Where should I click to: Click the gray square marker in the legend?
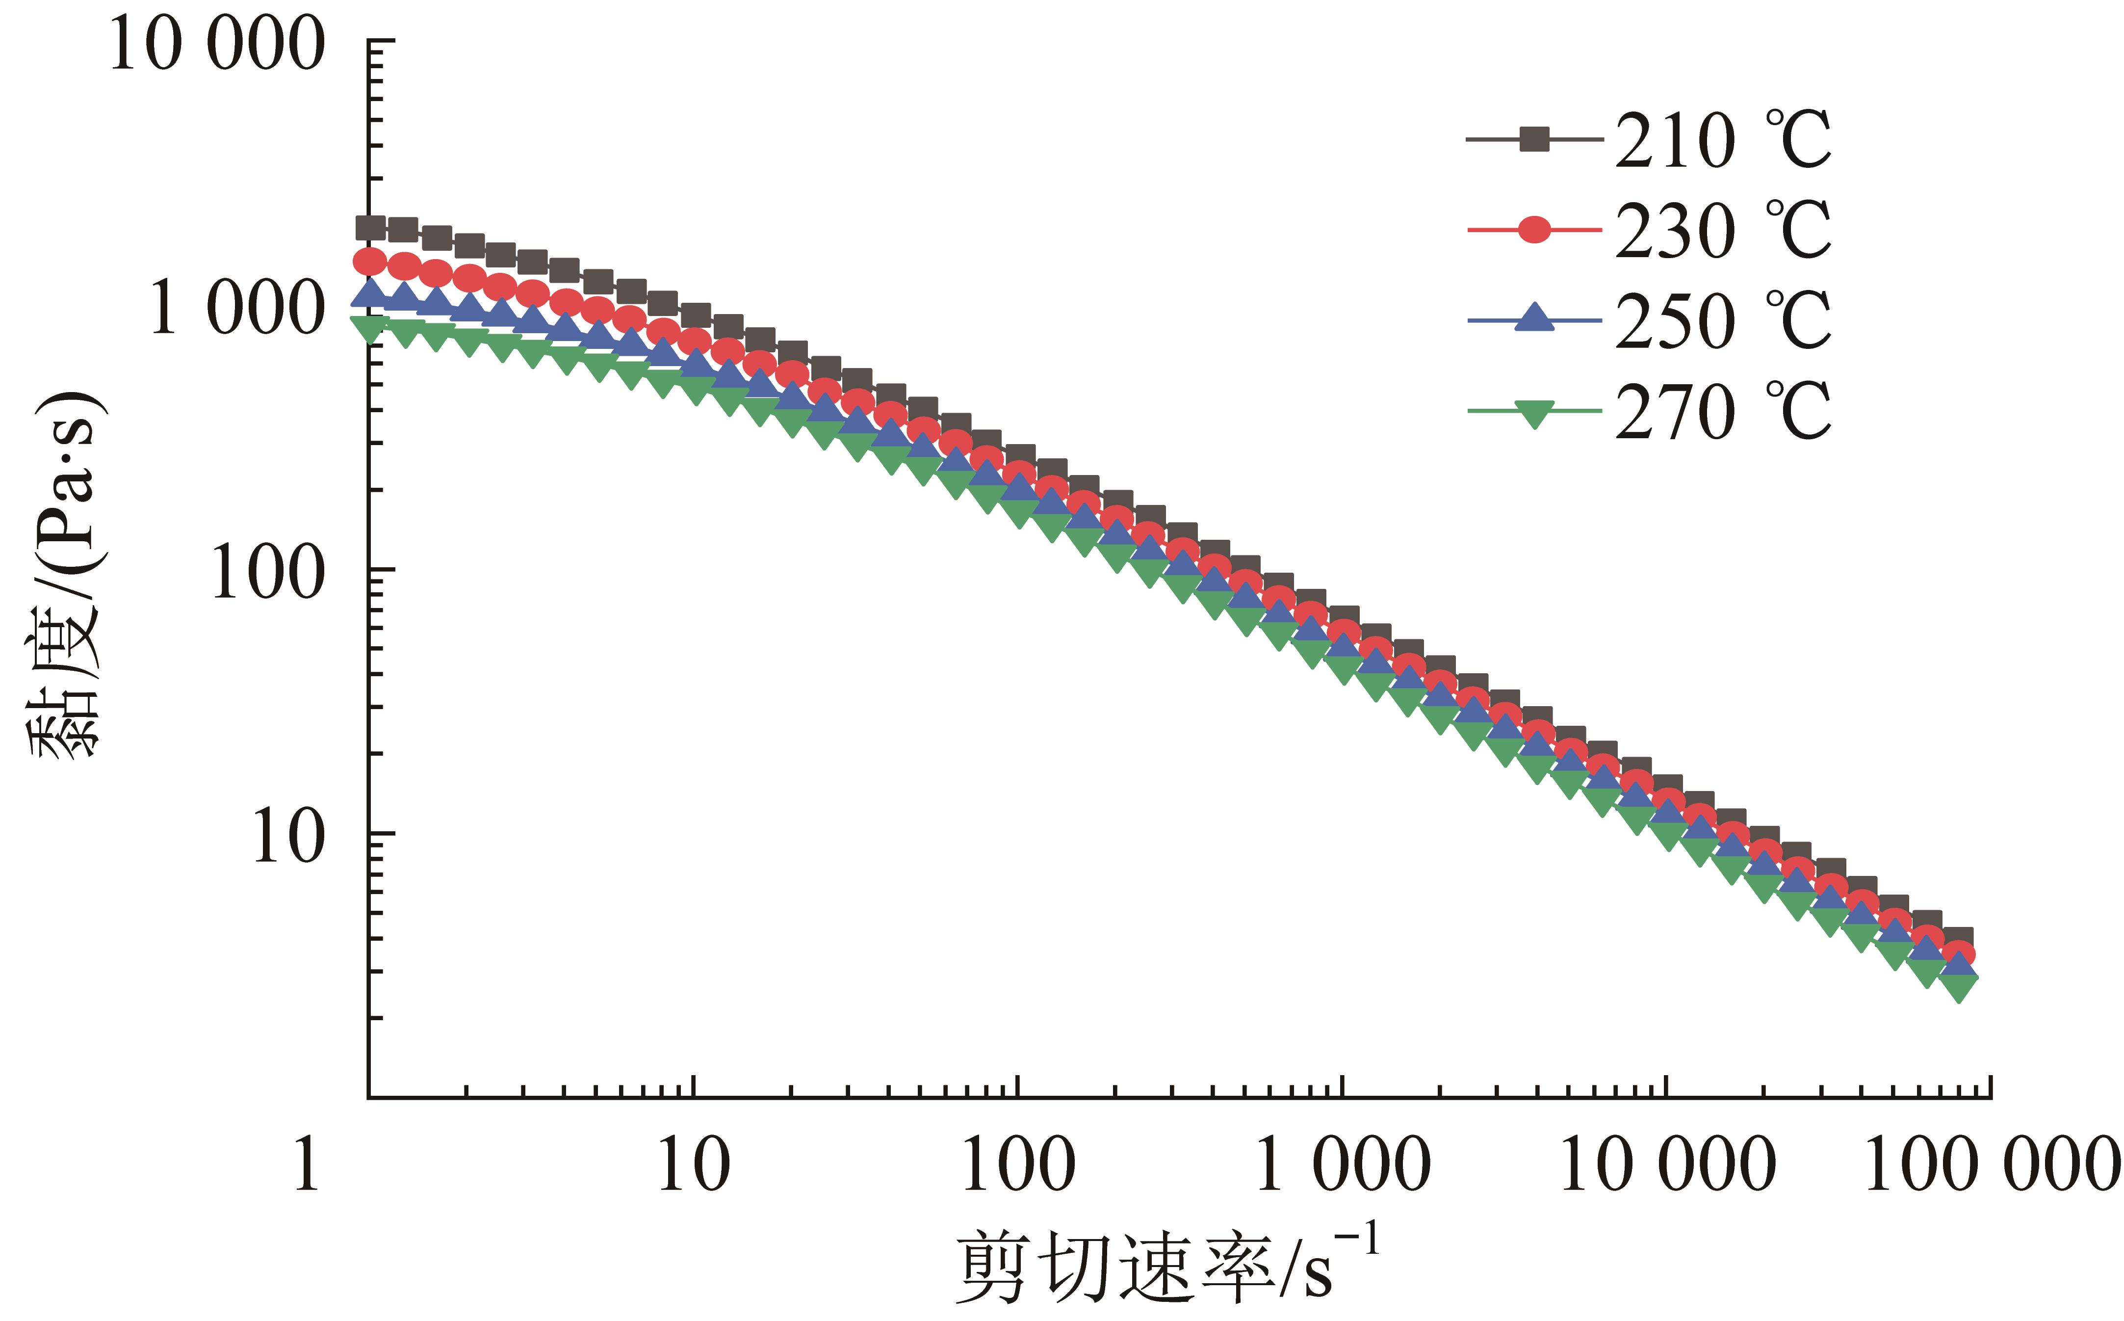(x=1533, y=139)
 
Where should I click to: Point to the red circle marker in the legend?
(x=1533, y=231)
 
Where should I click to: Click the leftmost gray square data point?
(x=371, y=229)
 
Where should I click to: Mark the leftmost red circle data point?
(x=370, y=261)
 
